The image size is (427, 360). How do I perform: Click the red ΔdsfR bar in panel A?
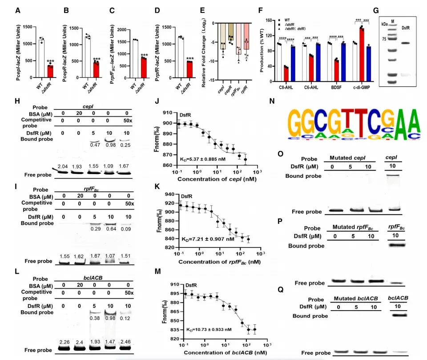pos(50,71)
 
